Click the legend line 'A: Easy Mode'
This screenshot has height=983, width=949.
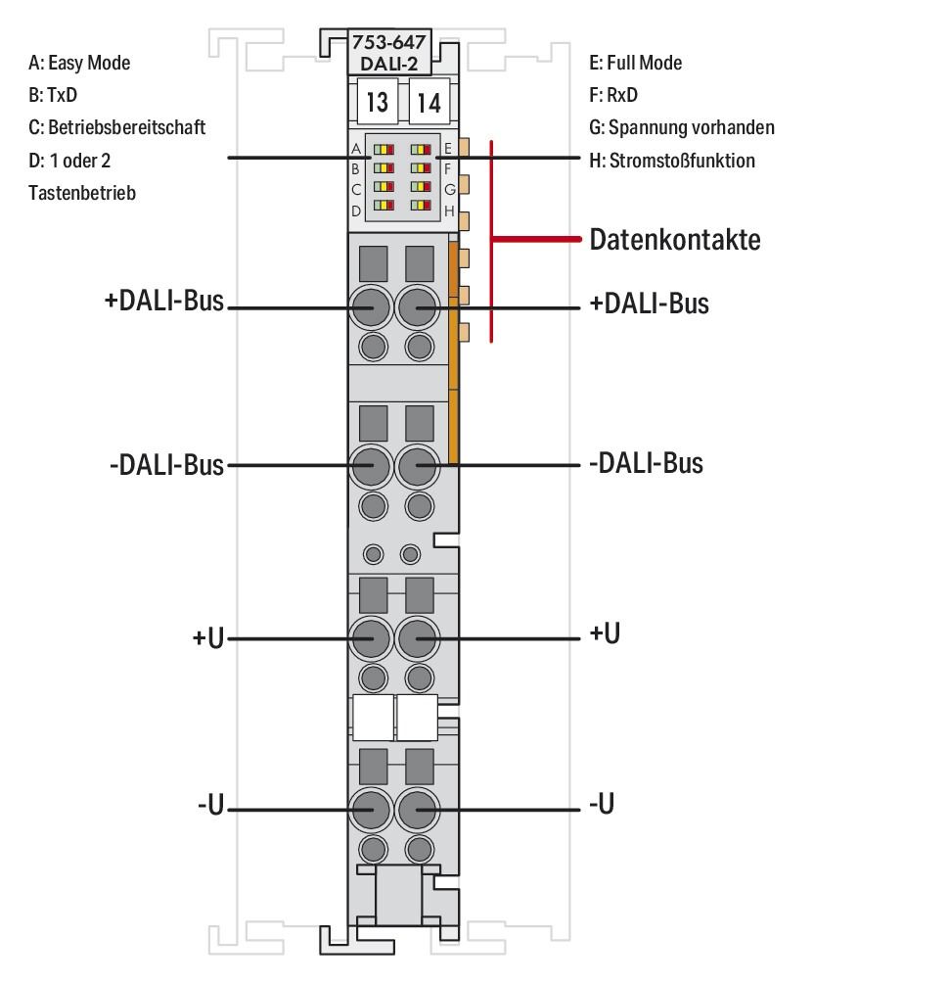point(79,63)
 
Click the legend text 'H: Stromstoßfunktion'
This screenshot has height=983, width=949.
point(671,160)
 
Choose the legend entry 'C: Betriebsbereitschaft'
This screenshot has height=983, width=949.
point(117,127)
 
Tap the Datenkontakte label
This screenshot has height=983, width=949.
point(674,240)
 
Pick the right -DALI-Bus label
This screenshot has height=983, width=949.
point(645,462)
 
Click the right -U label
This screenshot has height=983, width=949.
point(602,805)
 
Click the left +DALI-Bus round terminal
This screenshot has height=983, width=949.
point(372,308)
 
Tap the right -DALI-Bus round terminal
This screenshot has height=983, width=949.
point(419,468)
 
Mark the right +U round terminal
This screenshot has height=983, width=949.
point(419,639)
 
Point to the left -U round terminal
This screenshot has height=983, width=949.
point(372,811)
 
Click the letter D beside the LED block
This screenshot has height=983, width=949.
point(356,210)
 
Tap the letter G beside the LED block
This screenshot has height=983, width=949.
point(449,189)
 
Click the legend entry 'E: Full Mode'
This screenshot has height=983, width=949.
point(635,63)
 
